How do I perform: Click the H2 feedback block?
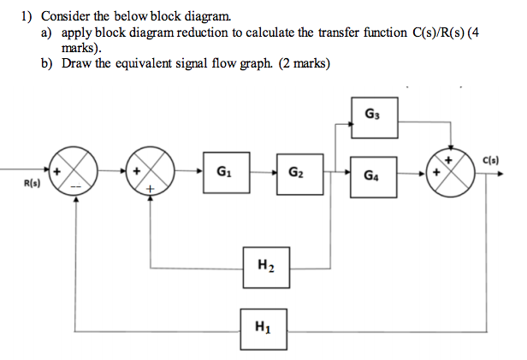coord(263,266)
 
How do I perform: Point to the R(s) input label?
coord(32,183)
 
